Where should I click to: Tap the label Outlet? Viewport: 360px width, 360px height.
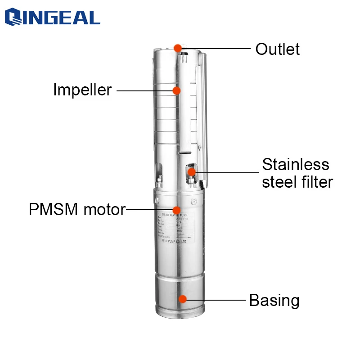pos(277,49)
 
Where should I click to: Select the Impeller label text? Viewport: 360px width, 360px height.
pos(82,90)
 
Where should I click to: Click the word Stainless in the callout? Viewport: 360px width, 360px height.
pos(296,164)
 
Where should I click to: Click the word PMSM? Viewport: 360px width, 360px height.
pos(56,210)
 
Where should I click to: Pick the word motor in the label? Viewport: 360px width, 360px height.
pos(105,210)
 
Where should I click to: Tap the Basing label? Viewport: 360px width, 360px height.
pos(274,300)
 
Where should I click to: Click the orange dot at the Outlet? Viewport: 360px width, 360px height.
pos(178,47)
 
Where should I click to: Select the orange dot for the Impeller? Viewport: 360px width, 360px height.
pos(176,90)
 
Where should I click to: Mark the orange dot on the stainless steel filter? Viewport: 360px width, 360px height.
pos(192,171)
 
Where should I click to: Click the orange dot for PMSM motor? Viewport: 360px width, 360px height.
pos(176,210)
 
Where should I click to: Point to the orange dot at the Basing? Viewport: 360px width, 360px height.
pos(182,299)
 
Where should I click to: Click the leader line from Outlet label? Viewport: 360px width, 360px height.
pos(216,48)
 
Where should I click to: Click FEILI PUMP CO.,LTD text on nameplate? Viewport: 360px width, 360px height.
pos(175,242)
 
